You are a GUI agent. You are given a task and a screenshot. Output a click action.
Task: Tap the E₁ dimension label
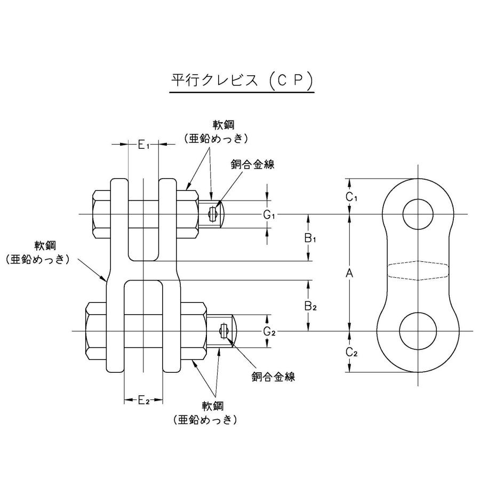pyautogui.click(x=145, y=144)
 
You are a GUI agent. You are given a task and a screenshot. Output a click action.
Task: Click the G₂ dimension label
pyautogui.click(x=269, y=331)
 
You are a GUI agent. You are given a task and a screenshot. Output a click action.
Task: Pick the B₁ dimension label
pyautogui.click(x=311, y=238)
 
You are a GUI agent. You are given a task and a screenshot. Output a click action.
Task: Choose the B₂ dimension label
pyautogui.click(x=311, y=306)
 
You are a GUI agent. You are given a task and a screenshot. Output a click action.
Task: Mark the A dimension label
pyautogui.click(x=350, y=273)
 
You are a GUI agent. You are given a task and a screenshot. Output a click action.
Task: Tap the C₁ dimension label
pyautogui.click(x=350, y=197)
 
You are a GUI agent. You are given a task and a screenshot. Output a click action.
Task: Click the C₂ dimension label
pyautogui.click(x=350, y=351)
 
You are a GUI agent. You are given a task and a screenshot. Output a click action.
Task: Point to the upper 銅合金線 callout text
pyautogui.click(x=253, y=165)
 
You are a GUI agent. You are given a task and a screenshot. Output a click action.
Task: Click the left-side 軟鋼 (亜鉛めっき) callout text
pyautogui.click(x=38, y=253)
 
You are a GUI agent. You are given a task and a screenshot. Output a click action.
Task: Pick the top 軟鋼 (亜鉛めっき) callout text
pyautogui.click(x=217, y=132)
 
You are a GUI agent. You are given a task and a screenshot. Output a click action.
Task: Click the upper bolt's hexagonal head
pyautogui.click(x=101, y=214)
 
